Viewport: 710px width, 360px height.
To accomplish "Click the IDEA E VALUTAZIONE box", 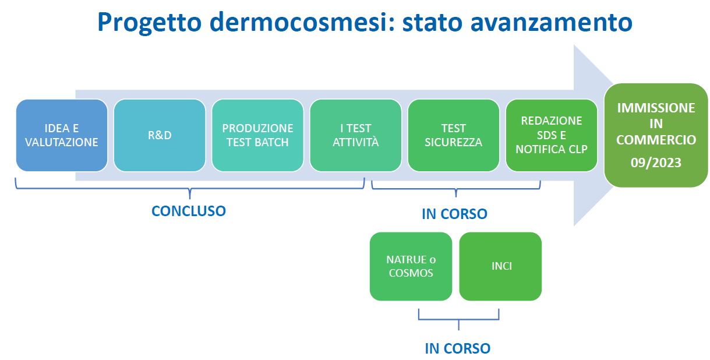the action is [x=62, y=135].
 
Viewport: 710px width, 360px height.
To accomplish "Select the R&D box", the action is [x=160, y=135].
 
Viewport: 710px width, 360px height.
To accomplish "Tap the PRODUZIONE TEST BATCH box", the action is [x=257, y=135].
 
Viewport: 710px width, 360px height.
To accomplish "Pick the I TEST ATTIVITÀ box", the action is [x=356, y=135].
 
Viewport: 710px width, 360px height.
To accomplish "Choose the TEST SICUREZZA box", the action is [x=454, y=135].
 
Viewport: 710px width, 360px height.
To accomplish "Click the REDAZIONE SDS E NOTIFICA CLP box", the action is [x=552, y=135].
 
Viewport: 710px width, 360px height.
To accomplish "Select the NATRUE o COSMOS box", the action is [x=411, y=267].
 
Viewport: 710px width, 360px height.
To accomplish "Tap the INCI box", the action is [x=500, y=267].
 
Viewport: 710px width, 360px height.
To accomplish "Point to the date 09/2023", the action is [x=656, y=163].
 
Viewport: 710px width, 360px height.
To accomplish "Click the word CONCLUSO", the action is [x=189, y=211].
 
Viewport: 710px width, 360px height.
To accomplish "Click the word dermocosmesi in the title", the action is [x=302, y=22].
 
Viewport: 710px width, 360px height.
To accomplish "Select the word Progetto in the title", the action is [x=149, y=23].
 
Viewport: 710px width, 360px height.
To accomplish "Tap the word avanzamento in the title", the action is [x=552, y=23].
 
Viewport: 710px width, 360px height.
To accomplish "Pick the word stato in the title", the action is [x=432, y=23].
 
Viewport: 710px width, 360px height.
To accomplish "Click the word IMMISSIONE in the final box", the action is [x=656, y=108].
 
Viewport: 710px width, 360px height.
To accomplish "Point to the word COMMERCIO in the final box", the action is [x=656, y=140].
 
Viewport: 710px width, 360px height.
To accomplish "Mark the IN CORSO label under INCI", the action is [x=458, y=348].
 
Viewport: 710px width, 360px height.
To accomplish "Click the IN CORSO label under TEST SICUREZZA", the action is [x=454, y=214].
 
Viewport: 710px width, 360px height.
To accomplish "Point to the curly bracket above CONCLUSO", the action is [x=190, y=189].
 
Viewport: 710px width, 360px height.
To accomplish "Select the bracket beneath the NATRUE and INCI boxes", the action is [x=458, y=319].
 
